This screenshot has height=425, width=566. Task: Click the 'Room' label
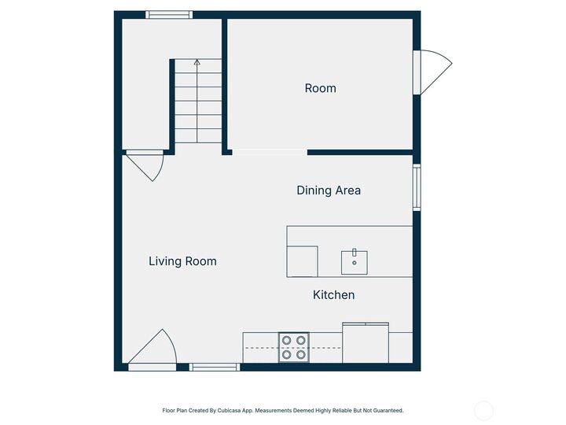tap(320, 88)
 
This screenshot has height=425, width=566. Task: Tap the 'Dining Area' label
tap(329, 190)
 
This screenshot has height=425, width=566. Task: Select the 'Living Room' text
tap(182, 261)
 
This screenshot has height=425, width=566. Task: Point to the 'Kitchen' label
tap(333, 295)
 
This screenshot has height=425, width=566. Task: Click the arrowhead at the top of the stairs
tap(197, 61)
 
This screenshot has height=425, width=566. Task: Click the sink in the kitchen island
tap(355, 261)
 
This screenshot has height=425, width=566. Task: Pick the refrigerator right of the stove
tap(366, 343)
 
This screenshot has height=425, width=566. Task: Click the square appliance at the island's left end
tap(303, 261)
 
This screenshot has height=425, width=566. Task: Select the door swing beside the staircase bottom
tap(146, 165)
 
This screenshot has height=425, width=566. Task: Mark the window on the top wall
tap(169, 14)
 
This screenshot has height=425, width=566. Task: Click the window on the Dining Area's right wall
tap(417, 187)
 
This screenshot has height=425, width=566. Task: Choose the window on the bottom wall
tap(215, 367)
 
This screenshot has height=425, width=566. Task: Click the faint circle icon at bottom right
tap(484, 410)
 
